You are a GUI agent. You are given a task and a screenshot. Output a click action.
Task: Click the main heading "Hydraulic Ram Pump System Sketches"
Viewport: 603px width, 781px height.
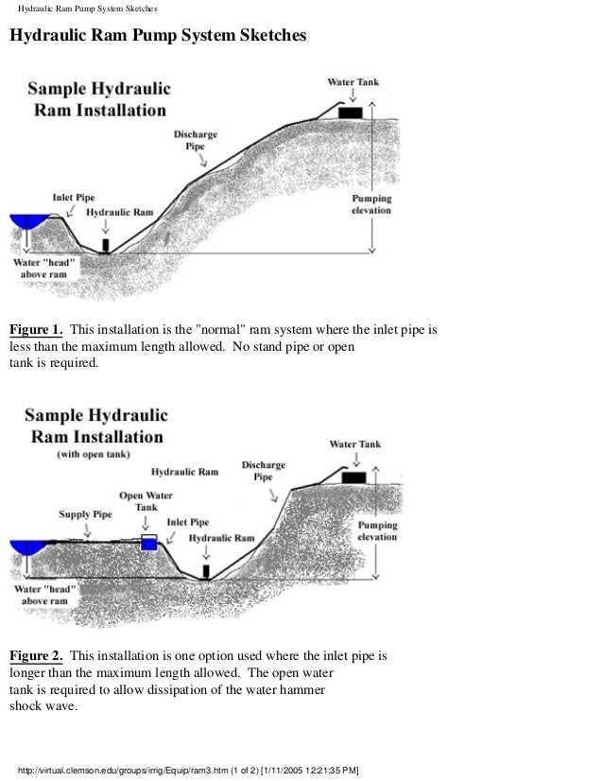tap(158, 38)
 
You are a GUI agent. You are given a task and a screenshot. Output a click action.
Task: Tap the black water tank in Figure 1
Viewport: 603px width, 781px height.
tap(350, 113)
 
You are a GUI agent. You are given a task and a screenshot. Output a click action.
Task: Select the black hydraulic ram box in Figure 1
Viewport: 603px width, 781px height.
tap(105, 245)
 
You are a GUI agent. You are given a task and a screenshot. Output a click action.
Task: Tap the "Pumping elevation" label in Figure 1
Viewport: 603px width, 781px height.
tap(370, 206)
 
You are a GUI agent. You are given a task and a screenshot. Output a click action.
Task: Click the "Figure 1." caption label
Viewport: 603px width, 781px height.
tap(36, 330)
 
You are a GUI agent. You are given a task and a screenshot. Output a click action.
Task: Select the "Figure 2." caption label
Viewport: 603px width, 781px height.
tap(36, 654)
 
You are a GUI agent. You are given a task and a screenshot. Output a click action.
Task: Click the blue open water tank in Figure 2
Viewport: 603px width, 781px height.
tap(147, 542)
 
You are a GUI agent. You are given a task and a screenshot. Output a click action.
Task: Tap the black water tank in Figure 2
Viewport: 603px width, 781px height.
tap(353, 477)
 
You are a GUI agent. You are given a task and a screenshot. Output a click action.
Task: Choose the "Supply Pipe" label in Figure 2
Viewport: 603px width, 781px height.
tap(88, 515)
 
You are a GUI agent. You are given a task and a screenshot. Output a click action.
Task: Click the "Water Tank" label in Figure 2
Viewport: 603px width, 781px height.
tap(355, 443)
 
